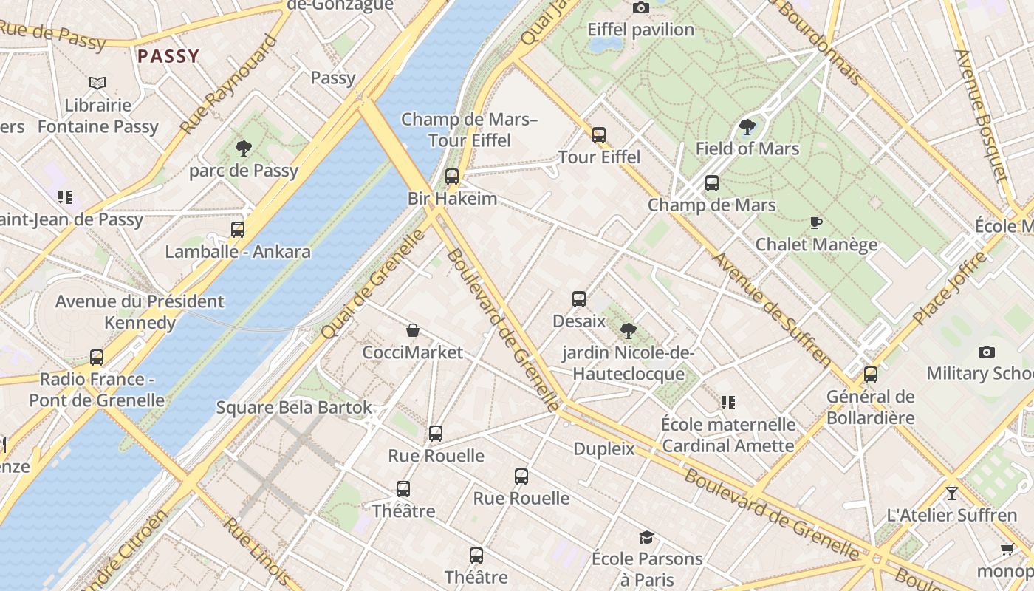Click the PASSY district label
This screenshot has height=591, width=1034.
pyautogui.click(x=168, y=56)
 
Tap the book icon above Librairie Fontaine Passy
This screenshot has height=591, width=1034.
pyautogui.click(x=97, y=83)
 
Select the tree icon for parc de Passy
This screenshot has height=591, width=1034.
pyautogui.click(x=244, y=148)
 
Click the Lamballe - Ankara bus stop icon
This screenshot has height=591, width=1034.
pyautogui.click(x=237, y=230)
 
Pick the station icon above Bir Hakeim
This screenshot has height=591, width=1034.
pyautogui.click(x=452, y=177)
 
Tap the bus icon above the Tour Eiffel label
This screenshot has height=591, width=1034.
pyautogui.click(x=599, y=135)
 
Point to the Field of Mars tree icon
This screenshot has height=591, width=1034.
pyautogui.click(x=747, y=126)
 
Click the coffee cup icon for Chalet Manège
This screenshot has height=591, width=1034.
pyautogui.click(x=816, y=222)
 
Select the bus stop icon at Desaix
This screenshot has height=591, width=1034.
pyautogui.click(x=579, y=299)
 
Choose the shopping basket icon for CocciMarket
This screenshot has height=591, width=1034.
pyautogui.click(x=413, y=330)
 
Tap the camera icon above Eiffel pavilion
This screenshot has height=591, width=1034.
pyautogui.click(x=641, y=8)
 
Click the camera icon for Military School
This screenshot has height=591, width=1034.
pyautogui.click(x=986, y=352)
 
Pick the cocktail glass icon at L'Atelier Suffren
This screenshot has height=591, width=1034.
pyautogui.click(x=951, y=493)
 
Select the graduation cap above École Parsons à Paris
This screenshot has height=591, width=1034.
pyautogui.click(x=647, y=537)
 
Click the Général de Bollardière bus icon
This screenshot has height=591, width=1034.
pyautogui.click(x=871, y=375)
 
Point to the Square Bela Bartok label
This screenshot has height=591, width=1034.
pyautogui.click(x=294, y=408)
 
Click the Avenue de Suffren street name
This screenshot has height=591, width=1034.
pyautogui.click(x=772, y=307)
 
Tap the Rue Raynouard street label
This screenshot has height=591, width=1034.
pyautogui.click(x=229, y=85)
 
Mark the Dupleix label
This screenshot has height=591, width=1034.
pyautogui.click(x=604, y=448)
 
